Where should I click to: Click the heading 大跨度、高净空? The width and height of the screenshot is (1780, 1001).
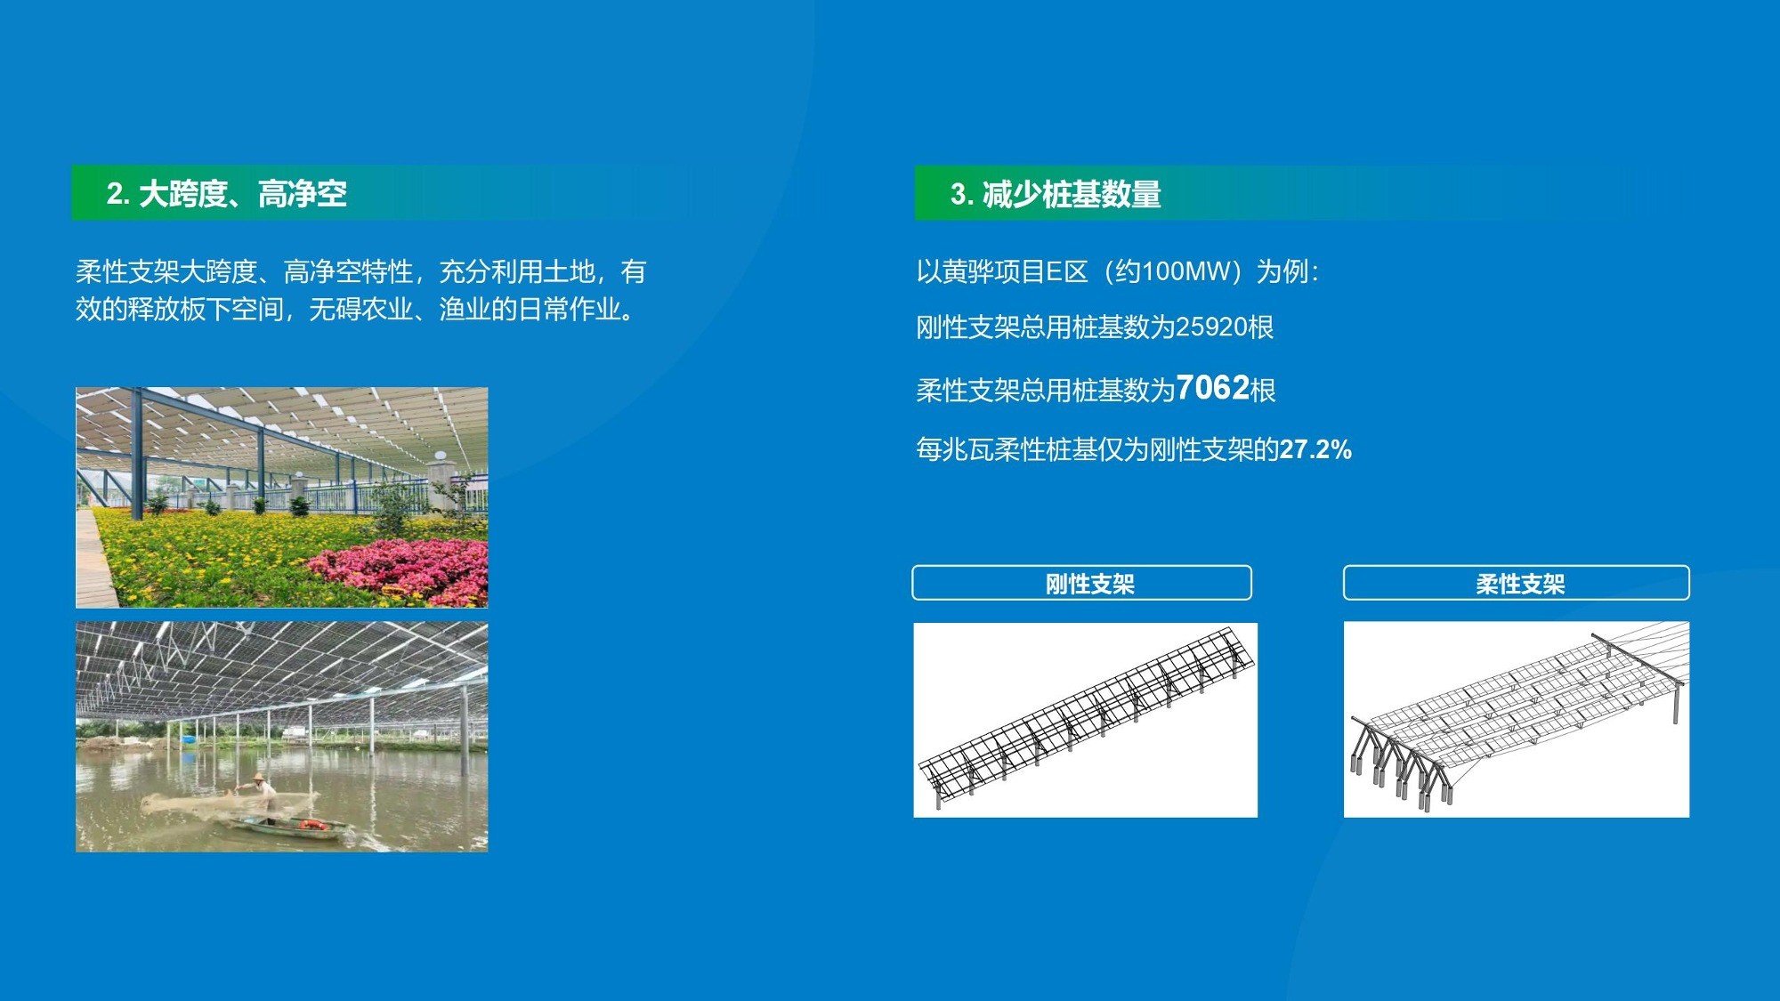[243, 194]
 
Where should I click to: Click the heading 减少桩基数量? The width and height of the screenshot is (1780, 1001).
[1072, 194]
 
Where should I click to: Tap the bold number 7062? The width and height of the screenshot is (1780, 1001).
[1212, 388]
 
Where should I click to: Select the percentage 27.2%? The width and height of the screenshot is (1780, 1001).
[1315, 449]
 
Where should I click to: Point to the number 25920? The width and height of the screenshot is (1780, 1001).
[1211, 327]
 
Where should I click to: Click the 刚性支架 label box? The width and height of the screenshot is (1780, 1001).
[1081, 583]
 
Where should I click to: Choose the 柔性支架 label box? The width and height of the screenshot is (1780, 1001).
[1516, 583]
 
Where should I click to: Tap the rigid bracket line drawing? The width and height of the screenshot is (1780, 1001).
[1085, 720]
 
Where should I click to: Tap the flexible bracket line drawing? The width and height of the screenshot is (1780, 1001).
[1516, 720]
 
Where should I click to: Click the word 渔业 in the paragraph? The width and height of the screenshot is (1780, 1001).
[465, 310]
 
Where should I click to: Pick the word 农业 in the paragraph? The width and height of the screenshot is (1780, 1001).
[386, 310]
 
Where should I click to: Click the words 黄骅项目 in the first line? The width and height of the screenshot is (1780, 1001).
[993, 271]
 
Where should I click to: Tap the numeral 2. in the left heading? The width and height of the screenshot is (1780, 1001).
[118, 194]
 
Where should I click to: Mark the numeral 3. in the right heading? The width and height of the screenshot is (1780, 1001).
[962, 194]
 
